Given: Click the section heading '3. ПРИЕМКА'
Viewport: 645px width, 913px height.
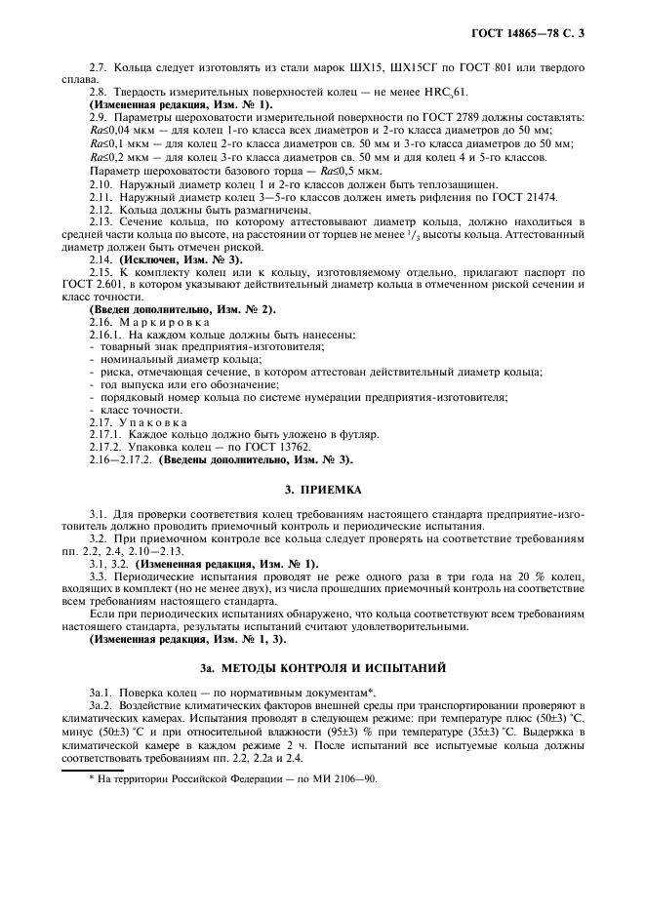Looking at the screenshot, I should (x=322, y=490).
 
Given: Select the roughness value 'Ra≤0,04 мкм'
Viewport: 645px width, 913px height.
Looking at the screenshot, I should (x=123, y=130).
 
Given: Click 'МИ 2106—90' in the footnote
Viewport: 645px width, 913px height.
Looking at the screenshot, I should (x=343, y=779).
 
